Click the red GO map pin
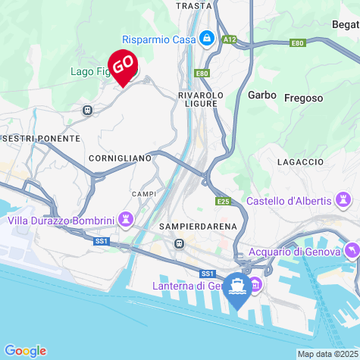(123, 66)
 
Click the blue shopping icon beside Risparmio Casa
(206, 38)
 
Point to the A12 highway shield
(229, 38)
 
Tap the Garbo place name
(261, 95)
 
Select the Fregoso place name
(303, 98)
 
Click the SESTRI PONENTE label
(41, 139)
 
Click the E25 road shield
(222, 202)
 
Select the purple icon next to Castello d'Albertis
(345, 200)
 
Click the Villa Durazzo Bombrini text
(61, 221)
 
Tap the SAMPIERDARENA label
(199, 226)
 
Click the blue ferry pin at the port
(239, 289)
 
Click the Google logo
(25, 350)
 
